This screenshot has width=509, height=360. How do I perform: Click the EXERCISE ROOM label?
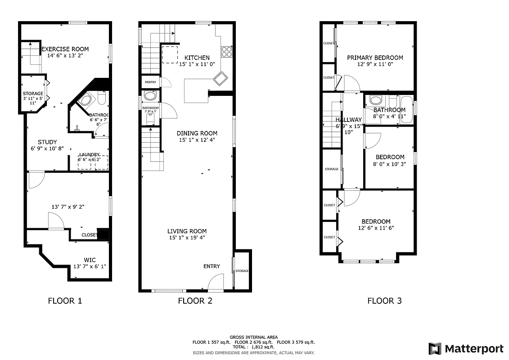[65, 49]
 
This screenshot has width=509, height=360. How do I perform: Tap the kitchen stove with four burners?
[226, 52]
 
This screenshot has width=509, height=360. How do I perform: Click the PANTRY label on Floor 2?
[150, 82]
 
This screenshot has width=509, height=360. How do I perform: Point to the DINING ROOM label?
[197, 133]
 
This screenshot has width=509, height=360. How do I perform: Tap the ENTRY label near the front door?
[212, 266]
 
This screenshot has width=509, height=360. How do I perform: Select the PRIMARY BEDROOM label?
[375, 58]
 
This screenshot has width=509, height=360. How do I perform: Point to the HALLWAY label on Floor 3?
[348, 120]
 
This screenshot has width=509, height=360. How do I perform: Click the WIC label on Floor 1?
[90, 260]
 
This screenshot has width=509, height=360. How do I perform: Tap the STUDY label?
[47, 142]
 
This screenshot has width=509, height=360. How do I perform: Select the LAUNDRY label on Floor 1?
[89, 154]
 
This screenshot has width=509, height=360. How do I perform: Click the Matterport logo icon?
[435, 349]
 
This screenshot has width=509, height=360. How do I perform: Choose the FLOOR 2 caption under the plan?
[195, 301]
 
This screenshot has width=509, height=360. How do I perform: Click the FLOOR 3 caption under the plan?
[384, 301]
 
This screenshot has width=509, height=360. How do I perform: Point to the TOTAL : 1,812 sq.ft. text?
[253, 347]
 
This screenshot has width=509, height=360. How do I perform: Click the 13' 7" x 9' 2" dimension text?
[68, 207]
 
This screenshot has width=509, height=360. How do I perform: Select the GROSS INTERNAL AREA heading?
[253, 337]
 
